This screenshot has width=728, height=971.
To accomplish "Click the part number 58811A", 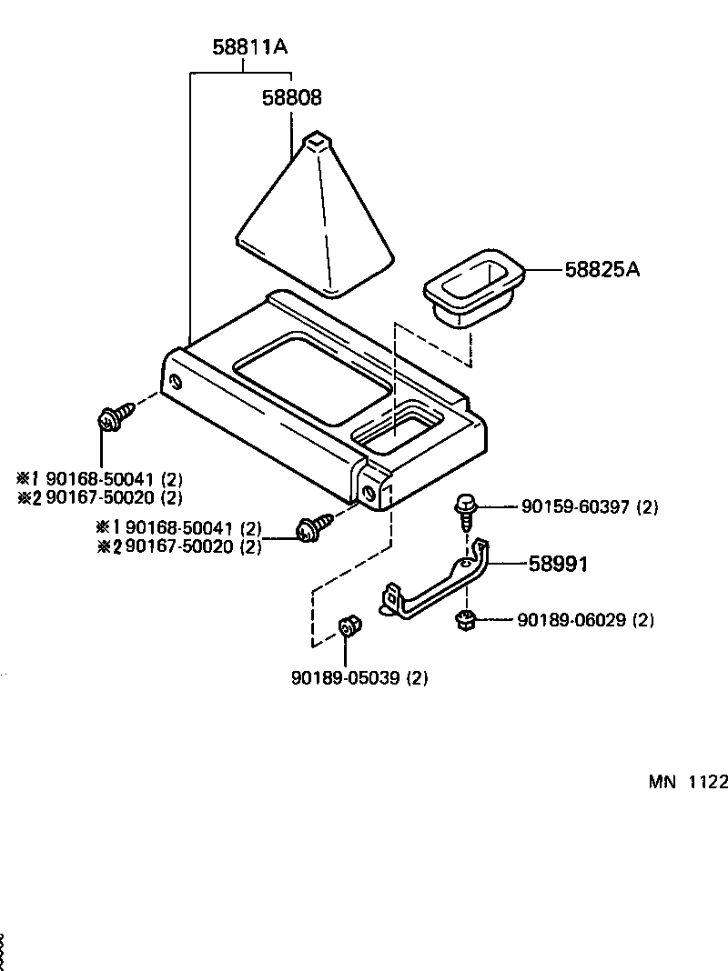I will click(x=250, y=46).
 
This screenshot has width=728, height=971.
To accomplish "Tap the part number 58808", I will click(x=292, y=97).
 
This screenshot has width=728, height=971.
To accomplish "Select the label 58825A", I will click(x=602, y=269).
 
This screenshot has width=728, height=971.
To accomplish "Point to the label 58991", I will click(x=559, y=564).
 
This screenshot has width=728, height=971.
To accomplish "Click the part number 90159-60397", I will click(x=576, y=506).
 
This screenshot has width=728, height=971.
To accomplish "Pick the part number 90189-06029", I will click(x=572, y=620).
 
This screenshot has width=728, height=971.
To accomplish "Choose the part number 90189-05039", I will click(x=347, y=677).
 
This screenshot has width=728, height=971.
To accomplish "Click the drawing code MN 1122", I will click(x=688, y=783).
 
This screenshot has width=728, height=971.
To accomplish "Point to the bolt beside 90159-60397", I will click(x=465, y=509).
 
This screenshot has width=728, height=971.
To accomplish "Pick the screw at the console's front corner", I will click(x=307, y=529).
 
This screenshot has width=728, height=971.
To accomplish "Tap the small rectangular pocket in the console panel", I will click(x=397, y=431).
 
